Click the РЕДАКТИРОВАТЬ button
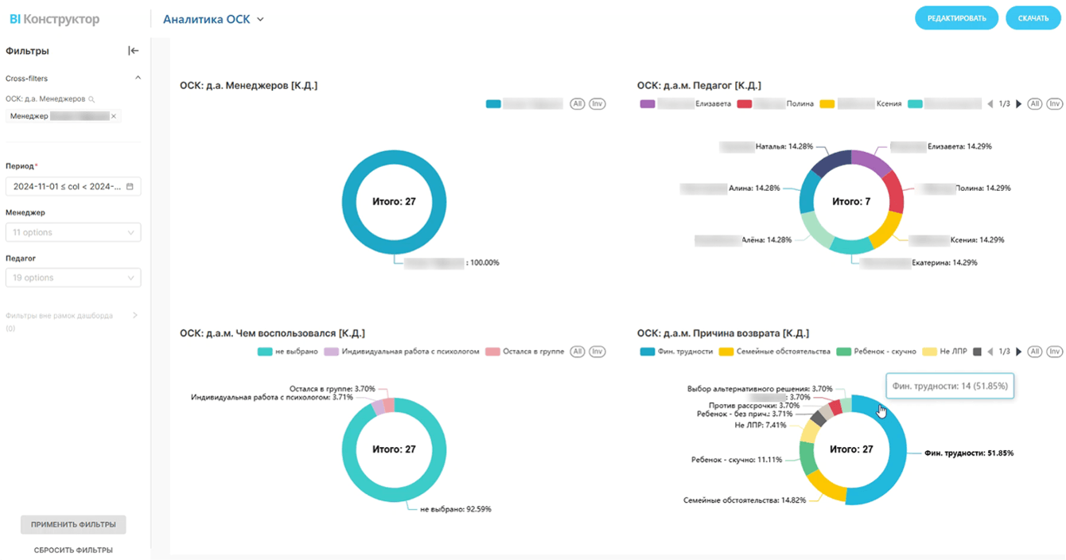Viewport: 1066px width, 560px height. [x=956, y=18]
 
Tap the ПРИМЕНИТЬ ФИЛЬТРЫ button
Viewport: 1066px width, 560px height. [x=73, y=525]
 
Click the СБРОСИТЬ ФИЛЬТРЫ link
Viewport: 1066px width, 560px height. [x=73, y=550]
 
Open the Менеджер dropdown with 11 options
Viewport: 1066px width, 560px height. [x=73, y=232]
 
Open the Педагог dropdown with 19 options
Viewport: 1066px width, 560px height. [x=73, y=278]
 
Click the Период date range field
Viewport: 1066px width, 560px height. [x=73, y=187]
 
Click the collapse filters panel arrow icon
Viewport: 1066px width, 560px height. [x=133, y=51]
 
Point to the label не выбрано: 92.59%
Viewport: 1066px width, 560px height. [x=455, y=509]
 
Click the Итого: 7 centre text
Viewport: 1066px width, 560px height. [x=851, y=202]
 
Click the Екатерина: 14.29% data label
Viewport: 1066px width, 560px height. [x=943, y=262]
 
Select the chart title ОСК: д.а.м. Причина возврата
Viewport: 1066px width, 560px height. [x=722, y=333]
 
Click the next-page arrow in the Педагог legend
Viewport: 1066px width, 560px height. [x=1019, y=104]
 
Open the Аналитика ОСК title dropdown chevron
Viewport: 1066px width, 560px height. [x=261, y=19]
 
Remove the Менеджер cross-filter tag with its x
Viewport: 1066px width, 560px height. [x=114, y=116]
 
